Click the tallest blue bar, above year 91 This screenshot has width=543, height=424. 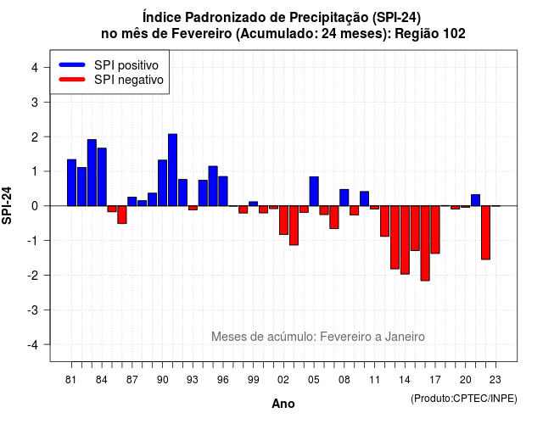pos(172,170)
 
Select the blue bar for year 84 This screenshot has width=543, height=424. pos(102,177)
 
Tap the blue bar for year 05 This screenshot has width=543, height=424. pos(314,192)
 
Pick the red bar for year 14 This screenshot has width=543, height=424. pos(405,240)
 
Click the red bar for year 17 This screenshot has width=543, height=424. pos(435,230)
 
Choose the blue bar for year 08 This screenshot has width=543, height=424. pos(344,198)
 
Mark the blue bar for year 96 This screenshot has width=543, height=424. pos(223,191)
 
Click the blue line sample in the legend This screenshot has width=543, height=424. pos(72,64)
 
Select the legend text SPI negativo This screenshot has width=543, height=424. pos(129,80)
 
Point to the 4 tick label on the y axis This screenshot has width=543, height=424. pos(35,68)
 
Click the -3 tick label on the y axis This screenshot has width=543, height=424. pos(32,310)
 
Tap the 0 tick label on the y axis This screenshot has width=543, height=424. pos(35,206)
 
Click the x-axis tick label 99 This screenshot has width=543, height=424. pos(253,380)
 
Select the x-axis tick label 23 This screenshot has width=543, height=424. pos(495,380)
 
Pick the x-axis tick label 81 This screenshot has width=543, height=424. pos(71,380)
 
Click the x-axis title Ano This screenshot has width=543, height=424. pos(283,404)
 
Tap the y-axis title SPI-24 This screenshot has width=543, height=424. pos(7,205)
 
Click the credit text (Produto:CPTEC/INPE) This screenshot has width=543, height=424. pos(464,399)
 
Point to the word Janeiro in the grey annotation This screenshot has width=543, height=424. pos(405,337)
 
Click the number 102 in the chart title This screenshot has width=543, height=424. pos(454,34)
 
